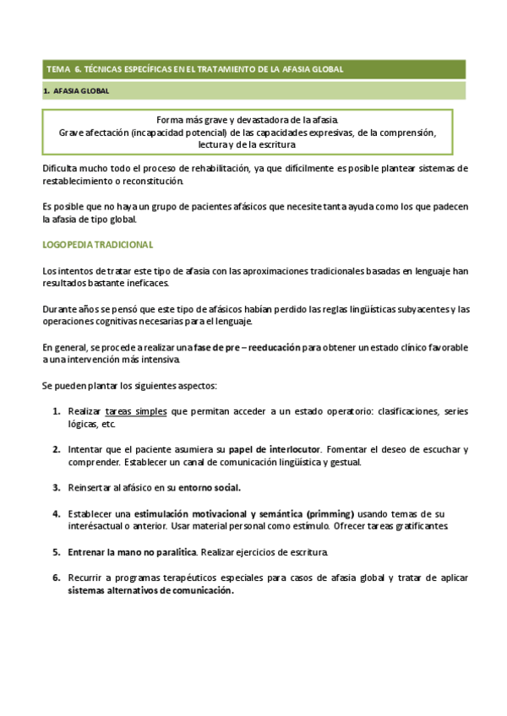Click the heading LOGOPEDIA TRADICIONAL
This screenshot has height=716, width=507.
click(97, 245)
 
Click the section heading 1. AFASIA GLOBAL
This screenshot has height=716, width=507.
click(75, 90)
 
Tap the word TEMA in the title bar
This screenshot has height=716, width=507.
click(59, 69)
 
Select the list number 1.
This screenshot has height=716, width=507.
click(56, 411)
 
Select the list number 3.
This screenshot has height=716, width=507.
click(56, 487)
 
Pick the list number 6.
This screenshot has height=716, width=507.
click(56, 578)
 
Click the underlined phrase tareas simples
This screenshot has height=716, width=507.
click(136, 411)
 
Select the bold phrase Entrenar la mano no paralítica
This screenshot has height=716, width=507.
click(133, 551)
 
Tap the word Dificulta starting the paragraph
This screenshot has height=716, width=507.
click(63, 169)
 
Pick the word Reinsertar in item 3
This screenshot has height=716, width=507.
click(93, 487)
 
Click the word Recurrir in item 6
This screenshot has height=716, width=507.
click(88, 578)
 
